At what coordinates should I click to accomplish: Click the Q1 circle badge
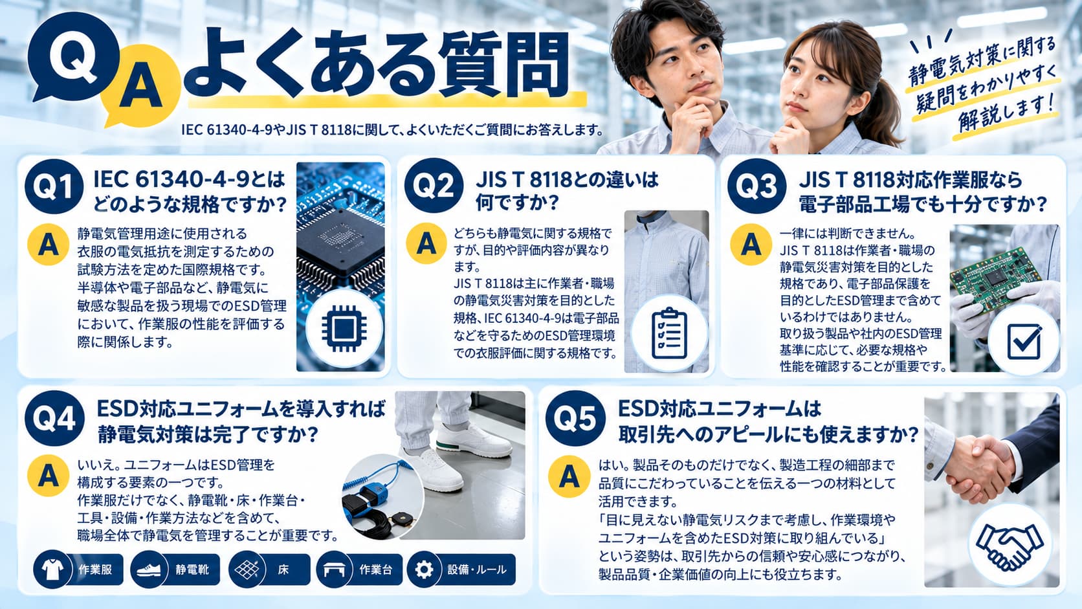point(54,186)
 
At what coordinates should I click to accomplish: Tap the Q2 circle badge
point(434,186)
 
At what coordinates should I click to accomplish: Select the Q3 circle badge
point(756,186)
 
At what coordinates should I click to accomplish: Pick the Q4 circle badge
point(54,418)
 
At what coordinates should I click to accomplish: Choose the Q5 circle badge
point(575,418)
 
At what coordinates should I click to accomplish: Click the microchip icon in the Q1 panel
point(344,328)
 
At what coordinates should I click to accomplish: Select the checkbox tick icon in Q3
point(1024,340)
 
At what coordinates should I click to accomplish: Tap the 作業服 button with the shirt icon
point(78,570)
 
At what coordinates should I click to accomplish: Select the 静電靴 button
point(175,570)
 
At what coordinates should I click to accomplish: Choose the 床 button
point(269,570)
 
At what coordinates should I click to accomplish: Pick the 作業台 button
point(359,570)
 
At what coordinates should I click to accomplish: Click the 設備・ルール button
point(461,570)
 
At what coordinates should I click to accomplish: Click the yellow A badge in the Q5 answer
point(569,476)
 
